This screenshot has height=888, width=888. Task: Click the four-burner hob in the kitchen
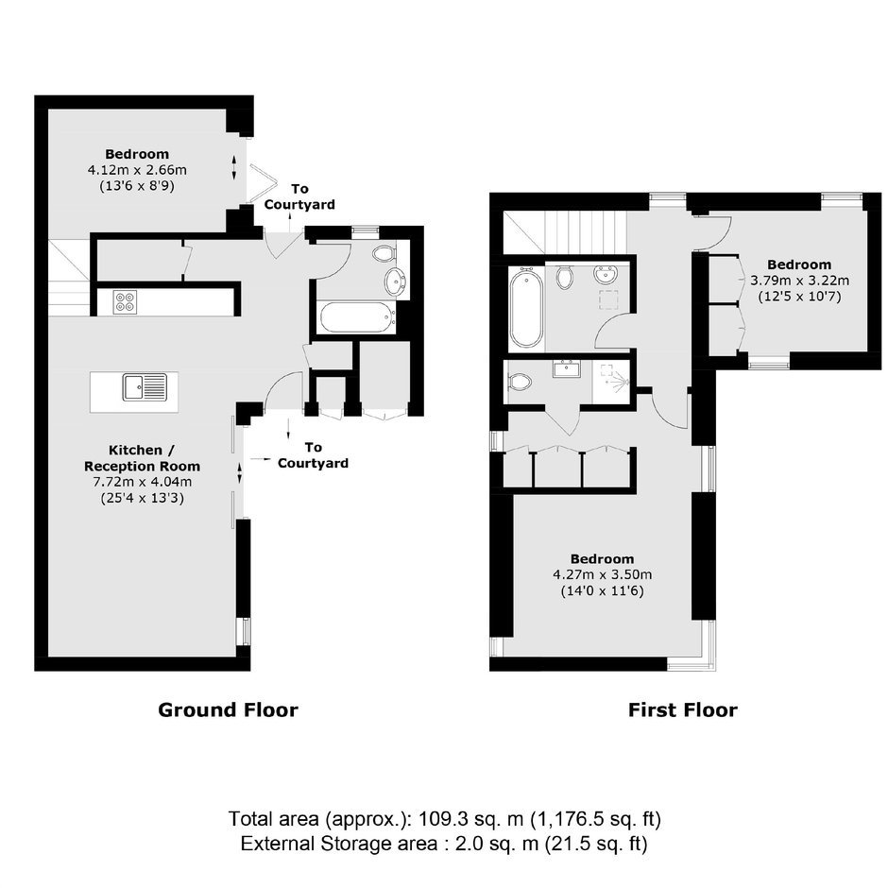point(125,302)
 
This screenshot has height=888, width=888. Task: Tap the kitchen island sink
point(145,387)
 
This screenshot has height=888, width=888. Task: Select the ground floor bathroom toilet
point(384,253)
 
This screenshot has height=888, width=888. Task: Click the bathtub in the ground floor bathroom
point(357,317)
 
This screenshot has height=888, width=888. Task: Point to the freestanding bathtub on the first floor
point(526,307)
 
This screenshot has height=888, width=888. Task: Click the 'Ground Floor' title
point(228,710)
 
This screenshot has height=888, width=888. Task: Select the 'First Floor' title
point(682,710)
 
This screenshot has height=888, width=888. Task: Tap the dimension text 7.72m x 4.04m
point(142,482)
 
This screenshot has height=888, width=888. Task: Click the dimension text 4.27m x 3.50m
point(602,574)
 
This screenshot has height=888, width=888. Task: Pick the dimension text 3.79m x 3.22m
point(799,280)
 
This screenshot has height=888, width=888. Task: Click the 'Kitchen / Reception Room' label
point(142,458)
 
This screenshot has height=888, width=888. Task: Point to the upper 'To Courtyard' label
point(299,196)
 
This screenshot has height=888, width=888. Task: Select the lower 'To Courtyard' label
point(314,455)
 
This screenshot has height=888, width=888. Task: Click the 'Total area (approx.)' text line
point(445,819)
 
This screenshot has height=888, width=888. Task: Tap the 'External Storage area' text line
point(444,844)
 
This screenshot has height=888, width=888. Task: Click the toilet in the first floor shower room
point(520,381)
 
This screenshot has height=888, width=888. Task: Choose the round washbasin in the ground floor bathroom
point(395,280)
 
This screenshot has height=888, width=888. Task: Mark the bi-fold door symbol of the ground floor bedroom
point(262,182)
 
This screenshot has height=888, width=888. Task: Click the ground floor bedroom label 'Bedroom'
point(137,154)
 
